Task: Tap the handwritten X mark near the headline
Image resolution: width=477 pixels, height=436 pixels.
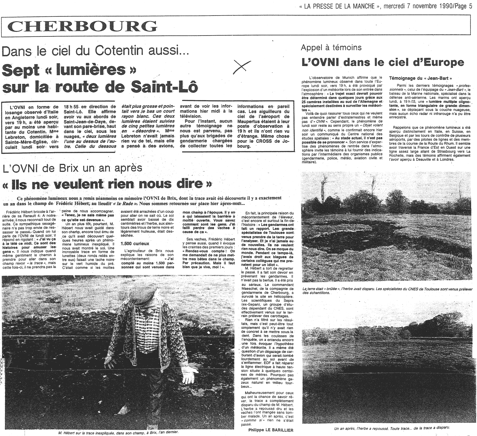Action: click(242, 67)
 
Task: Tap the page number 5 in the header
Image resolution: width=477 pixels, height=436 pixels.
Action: click(470, 7)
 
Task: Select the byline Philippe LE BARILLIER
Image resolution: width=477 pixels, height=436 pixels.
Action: click(270, 430)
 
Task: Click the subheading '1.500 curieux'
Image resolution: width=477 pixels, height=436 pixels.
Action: click(135, 243)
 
